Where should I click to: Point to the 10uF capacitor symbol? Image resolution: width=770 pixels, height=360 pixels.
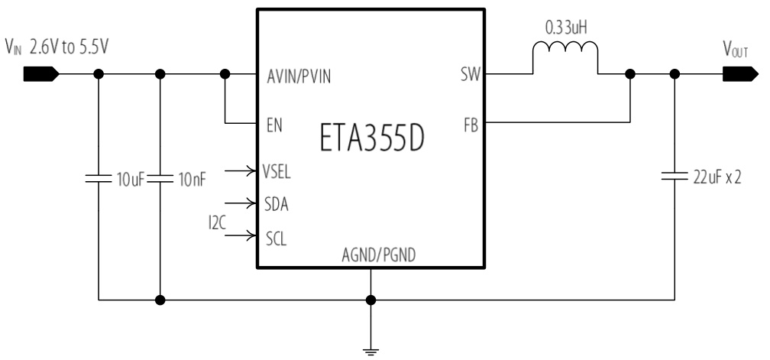(99, 180)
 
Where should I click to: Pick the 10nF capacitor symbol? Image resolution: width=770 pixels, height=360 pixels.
(160, 180)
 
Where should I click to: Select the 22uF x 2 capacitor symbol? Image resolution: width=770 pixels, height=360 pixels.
(675, 178)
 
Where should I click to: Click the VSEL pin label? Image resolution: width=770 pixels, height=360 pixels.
(277, 171)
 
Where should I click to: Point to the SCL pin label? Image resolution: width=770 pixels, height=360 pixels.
(276, 237)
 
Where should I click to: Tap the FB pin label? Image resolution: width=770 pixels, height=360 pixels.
(471, 125)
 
